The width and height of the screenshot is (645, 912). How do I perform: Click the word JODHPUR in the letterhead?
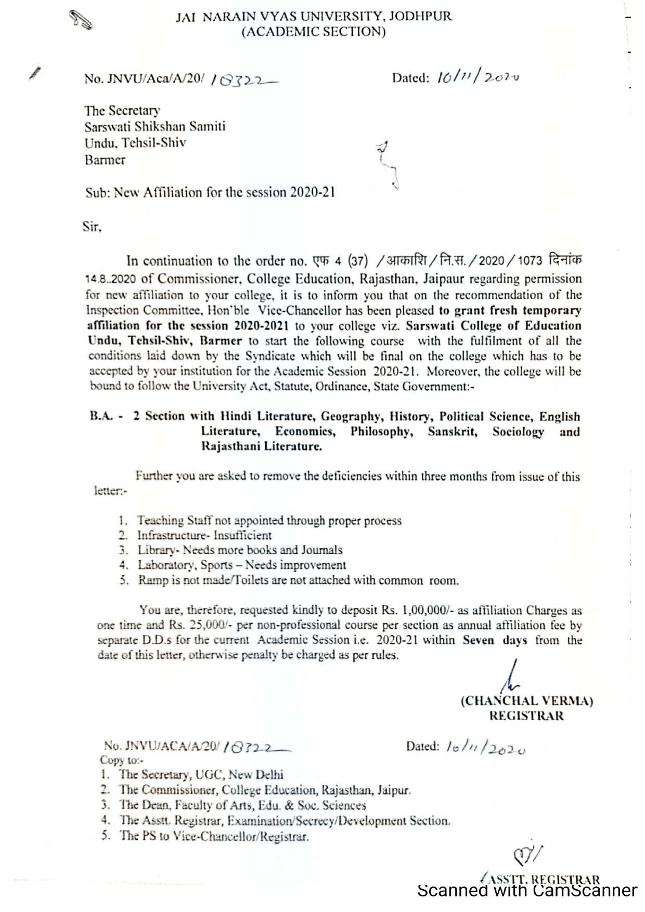[x=421, y=16]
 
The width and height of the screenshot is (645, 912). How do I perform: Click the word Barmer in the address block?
[x=105, y=160]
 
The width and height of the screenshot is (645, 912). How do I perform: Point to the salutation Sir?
[x=92, y=227]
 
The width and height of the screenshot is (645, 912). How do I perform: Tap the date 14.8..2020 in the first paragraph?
[x=110, y=279]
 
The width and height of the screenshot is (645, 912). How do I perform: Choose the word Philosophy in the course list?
[x=381, y=432]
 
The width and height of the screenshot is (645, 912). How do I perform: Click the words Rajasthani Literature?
[x=262, y=446]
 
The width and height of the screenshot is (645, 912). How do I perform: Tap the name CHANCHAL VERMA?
[x=527, y=700]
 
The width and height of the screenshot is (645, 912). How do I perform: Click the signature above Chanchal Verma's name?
[x=513, y=676]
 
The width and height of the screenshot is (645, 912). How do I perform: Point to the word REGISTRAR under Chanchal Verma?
[x=526, y=716]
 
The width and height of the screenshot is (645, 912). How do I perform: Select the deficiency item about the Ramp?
[x=298, y=580]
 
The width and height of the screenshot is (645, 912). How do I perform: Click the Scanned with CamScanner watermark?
[x=527, y=891]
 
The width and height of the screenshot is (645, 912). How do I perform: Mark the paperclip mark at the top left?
[x=81, y=19]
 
